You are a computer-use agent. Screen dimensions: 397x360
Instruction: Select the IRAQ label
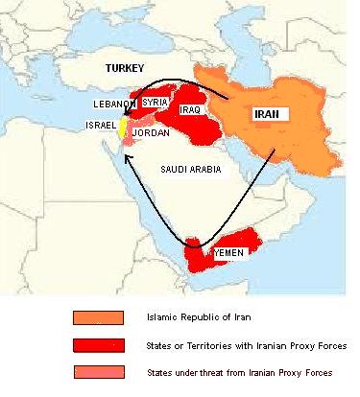pyautogui.click(x=190, y=110)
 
